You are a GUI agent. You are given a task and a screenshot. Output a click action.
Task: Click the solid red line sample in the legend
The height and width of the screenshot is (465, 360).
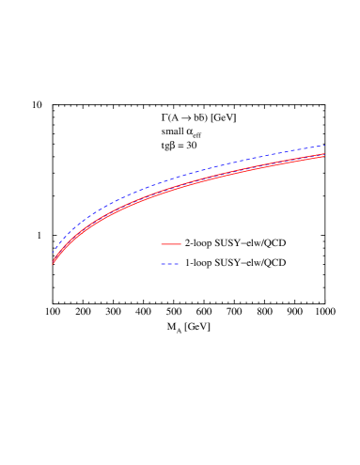tap(170, 244)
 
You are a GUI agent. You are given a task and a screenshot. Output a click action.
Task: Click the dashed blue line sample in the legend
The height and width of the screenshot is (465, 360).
tap(170, 264)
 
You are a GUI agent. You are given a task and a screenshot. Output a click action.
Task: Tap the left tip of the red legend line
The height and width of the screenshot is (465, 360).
tap(162, 244)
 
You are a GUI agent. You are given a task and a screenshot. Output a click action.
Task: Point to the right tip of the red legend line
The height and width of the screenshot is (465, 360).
tap(180, 244)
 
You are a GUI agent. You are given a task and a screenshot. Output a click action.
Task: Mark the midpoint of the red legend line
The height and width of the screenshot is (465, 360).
tap(170, 244)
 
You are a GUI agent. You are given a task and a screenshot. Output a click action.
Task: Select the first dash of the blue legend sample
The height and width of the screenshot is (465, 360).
tap(163, 264)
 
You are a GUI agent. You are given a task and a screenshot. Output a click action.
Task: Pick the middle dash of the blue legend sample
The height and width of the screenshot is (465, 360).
tap(170, 264)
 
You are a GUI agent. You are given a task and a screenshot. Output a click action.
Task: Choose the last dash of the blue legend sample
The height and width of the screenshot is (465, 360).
tap(177, 264)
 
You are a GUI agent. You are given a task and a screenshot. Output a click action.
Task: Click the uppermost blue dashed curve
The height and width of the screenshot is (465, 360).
tap(188, 173)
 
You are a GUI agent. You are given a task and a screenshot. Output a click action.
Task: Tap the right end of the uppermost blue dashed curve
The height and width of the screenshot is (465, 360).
tap(324, 146)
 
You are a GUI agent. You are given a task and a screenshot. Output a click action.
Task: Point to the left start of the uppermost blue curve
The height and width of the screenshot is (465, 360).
tap(54, 253)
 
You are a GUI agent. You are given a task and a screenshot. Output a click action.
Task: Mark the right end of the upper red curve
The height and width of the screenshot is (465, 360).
tap(324, 153)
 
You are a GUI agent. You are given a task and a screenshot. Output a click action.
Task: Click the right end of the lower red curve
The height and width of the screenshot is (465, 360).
tap(324, 156)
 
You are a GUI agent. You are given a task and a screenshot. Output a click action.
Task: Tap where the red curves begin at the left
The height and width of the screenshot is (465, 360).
tap(53, 264)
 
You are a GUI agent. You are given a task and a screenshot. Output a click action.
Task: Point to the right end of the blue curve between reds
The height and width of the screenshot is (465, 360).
tap(324, 154)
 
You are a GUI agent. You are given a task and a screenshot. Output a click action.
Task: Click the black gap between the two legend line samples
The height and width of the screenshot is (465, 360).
tap(170, 254)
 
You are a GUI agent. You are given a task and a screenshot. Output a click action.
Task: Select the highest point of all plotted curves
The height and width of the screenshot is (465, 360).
tap(324, 146)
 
